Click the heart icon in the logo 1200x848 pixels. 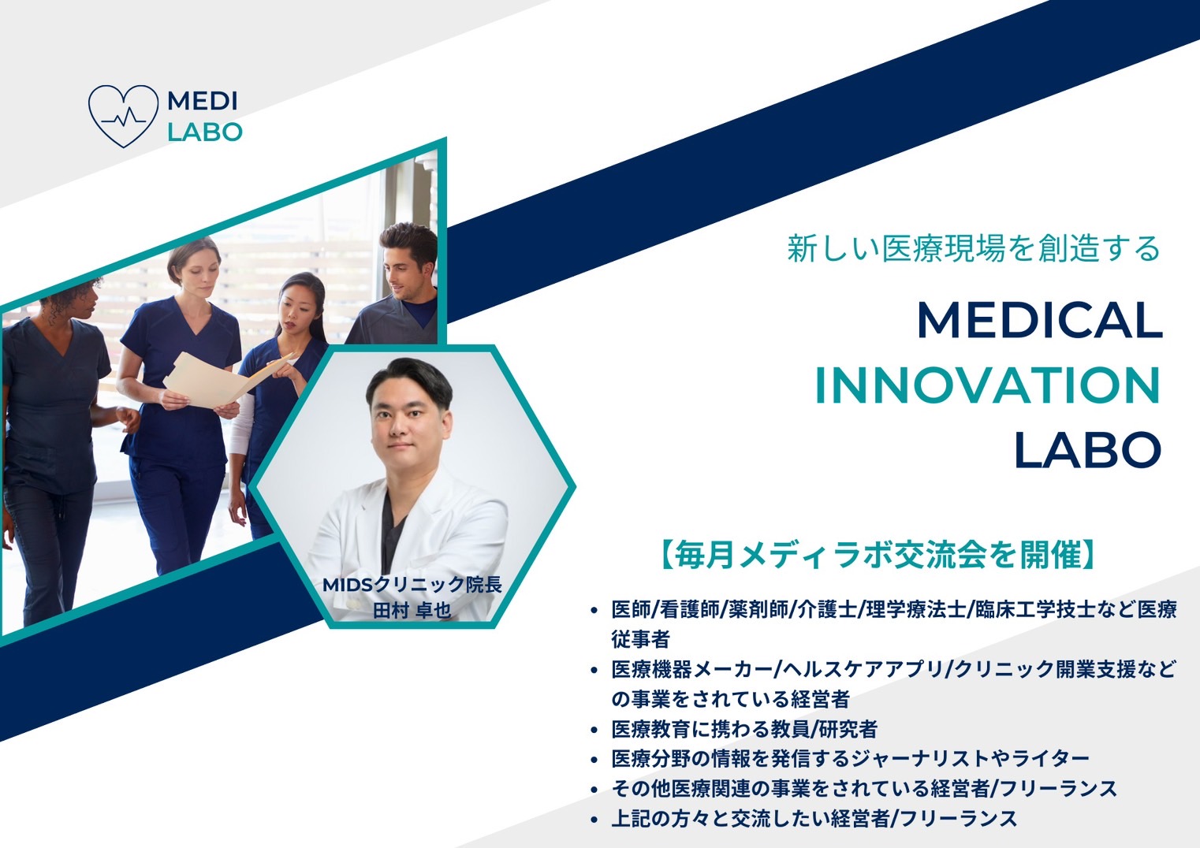(124, 116)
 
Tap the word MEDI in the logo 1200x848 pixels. (203, 101)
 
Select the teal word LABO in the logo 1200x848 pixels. (205, 132)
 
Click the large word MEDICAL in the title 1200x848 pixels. (1039, 320)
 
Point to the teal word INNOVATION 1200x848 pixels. (988, 385)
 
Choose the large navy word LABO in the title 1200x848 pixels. (1087, 450)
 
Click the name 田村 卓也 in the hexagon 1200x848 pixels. (412, 610)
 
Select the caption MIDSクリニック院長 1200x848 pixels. (412, 585)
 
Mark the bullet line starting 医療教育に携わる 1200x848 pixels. (744, 729)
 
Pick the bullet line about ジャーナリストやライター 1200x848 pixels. (851, 758)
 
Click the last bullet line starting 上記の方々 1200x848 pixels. (814, 819)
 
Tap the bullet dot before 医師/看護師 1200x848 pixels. (593, 610)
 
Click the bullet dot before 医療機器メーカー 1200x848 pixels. (593, 670)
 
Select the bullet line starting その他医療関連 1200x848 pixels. (865, 788)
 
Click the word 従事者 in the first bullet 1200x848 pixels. (641, 638)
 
